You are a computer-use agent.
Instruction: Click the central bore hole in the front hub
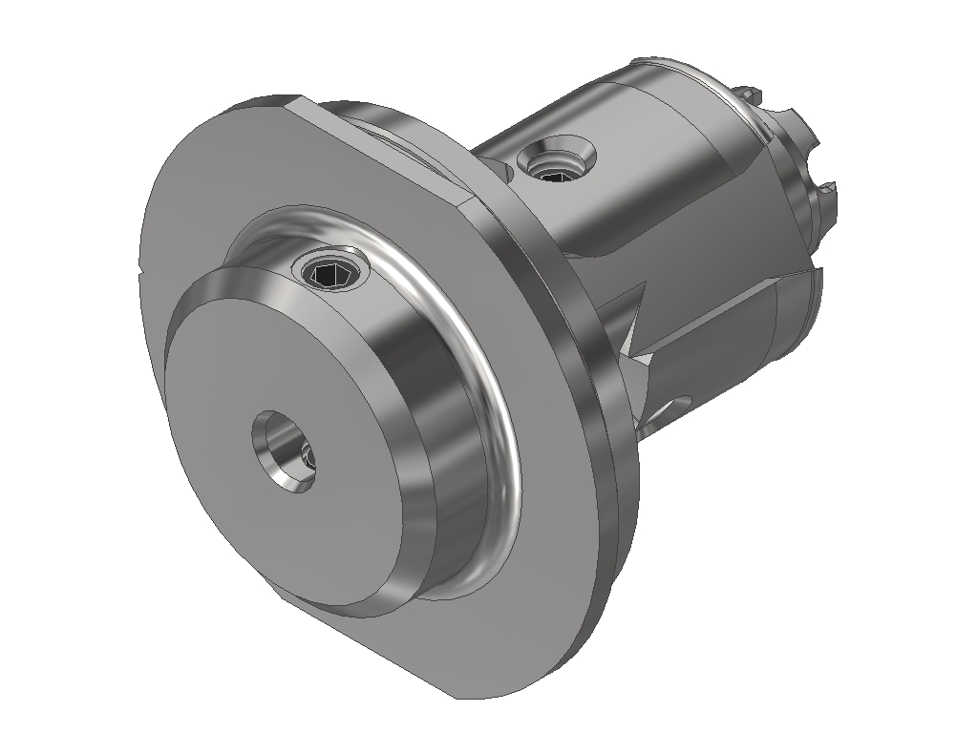[x=284, y=451]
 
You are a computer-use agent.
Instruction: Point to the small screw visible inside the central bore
[x=307, y=460]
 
